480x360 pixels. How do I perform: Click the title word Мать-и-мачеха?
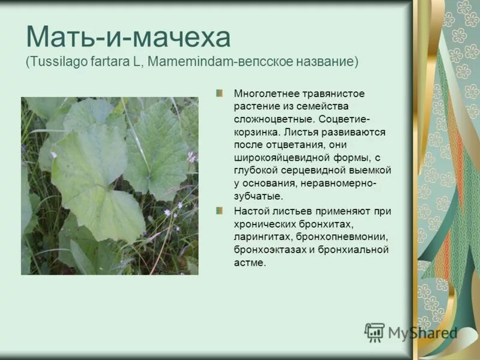pyautogui.click(x=128, y=37)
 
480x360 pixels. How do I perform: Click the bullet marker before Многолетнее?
pyautogui.click(x=220, y=93)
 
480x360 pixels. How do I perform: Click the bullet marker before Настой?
pyautogui.click(x=220, y=211)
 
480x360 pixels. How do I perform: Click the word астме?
pyautogui.click(x=250, y=262)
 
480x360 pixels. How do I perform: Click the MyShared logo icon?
pyautogui.click(x=374, y=332)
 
